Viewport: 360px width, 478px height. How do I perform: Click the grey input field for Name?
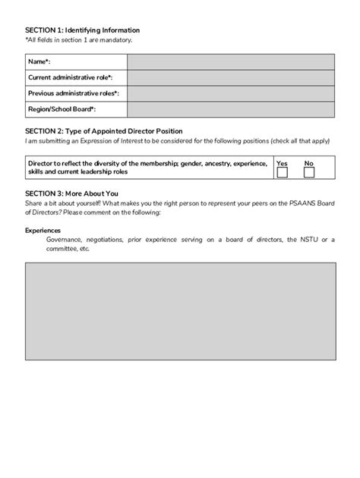(231, 61)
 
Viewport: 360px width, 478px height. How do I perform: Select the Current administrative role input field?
(231, 77)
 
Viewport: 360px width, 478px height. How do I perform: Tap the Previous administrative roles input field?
(231, 93)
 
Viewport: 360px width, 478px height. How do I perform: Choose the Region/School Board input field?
(231, 109)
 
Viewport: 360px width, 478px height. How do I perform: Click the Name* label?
(39, 61)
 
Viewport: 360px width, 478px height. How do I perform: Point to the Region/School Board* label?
(62, 109)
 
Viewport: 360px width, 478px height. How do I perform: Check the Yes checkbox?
(283, 173)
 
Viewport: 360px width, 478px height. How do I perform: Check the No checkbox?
(308, 173)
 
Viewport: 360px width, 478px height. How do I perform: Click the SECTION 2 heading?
(103, 131)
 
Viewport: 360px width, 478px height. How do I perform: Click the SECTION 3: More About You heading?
(71, 193)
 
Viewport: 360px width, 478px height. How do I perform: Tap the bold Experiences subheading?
(43, 230)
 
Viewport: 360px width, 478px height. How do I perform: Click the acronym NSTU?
(308, 239)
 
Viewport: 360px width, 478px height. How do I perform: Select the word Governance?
(64, 239)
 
